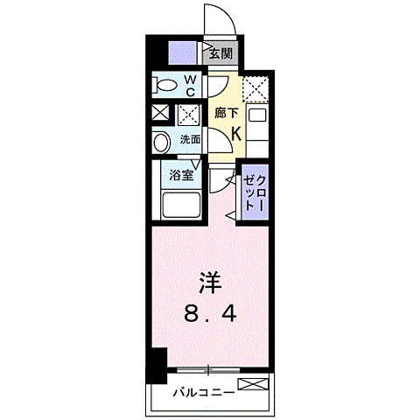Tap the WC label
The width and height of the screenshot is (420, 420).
pyautogui.click(x=190, y=86)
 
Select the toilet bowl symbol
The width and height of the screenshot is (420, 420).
pyautogui.click(x=165, y=86)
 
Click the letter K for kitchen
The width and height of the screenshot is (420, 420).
pyautogui.click(x=235, y=132)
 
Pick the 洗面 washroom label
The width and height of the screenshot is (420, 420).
pyautogui.click(x=190, y=139)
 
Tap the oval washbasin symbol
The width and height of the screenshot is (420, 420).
pyautogui.click(x=162, y=143)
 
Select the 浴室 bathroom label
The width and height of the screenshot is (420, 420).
pyautogui.click(x=181, y=174)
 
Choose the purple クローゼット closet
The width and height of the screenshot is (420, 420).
pyautogui.click(x=255, y=192)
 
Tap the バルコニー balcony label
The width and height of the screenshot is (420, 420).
pyautogui.click(x=203, y=392)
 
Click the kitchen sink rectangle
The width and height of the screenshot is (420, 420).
pyautogui.click(x=257, y=114)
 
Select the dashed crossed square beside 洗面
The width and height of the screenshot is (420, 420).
pyautogui.click(x=187, y=115)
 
